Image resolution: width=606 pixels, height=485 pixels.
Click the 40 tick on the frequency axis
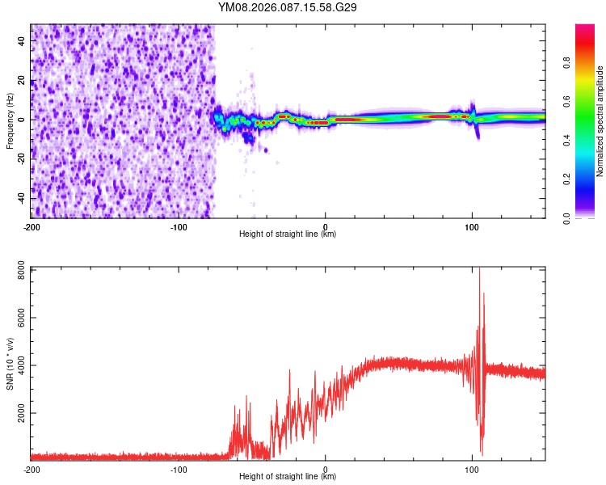pos(23,40)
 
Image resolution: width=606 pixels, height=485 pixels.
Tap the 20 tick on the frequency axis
pos(23,79)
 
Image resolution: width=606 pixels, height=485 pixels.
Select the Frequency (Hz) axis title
pos(10,120)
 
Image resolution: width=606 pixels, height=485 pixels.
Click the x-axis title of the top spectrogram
pos(288,234)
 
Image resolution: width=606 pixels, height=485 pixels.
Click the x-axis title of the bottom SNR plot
pos(288,477)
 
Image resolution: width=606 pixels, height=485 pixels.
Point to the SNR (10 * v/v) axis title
pos(10,363)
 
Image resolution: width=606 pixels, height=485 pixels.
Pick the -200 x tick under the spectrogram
pos(31,226)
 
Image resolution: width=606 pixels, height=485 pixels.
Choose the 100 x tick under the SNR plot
pos(472,468)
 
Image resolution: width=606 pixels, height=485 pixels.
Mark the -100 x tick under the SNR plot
pos(178,468)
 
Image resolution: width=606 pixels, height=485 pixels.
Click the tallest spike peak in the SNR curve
pos(480,269)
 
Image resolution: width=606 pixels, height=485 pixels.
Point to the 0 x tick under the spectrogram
pos(325,226)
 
